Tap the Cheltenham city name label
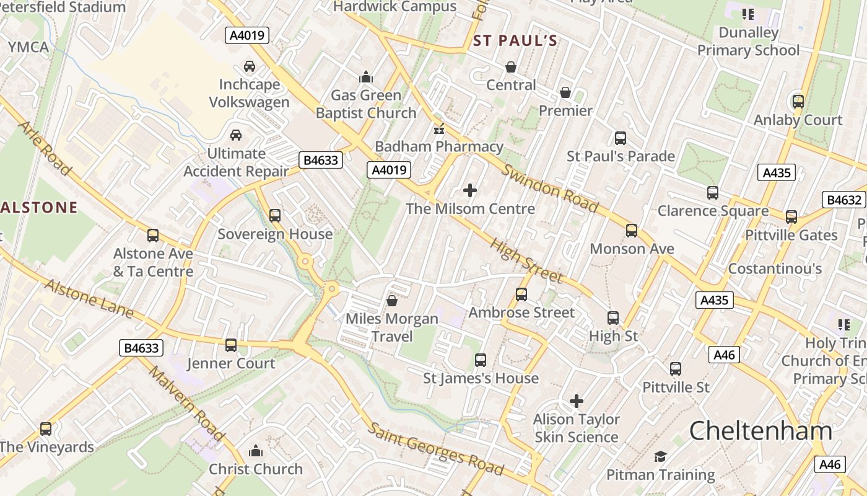coord(760,430)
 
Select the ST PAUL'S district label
coord(515,41)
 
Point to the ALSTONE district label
coord(38,207)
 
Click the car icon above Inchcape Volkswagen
coord(249,66)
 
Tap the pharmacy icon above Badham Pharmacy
coord(439,130)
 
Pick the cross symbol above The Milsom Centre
coord(470,190)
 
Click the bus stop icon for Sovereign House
coord(274,216)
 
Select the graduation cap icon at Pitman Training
coord(660,457)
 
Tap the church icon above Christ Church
coord(255,451)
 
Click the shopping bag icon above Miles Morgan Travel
coord(391,301)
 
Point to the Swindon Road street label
coord(549,188)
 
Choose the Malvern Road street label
coord(185,403)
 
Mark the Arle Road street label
coord(45,148)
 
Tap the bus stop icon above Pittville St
coord(675,369)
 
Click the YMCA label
coord(28,47)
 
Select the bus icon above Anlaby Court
coord(798,102)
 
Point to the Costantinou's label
coord(774,268)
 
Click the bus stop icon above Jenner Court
coord(230,345)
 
